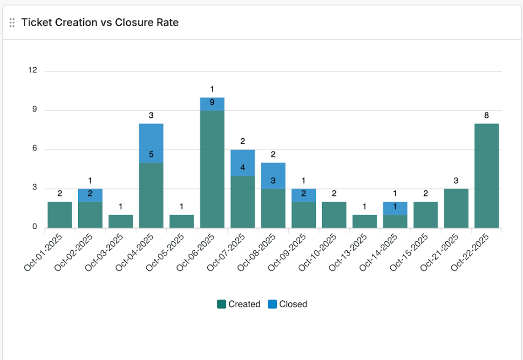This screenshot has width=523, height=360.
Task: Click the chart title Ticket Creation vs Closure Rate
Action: click(x=100, y=22)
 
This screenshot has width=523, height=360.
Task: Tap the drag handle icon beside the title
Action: click(x=12, y=22)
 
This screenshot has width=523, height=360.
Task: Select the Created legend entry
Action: click(x=239, y=304)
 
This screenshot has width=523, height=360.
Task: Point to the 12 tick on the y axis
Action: click(x=32, y=71)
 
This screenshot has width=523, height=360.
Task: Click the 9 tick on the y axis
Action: click(x=34, y=110)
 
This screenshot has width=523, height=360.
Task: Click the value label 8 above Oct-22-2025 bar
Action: click(x=487, y=115)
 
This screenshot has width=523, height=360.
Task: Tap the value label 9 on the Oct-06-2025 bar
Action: click(x=212, y=102)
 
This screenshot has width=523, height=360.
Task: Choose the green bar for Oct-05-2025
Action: click(x=182, y=221)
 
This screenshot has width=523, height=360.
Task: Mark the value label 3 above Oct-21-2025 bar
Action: click(x=456, y=180)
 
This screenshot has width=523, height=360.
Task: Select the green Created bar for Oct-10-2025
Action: click(x=334, y=215)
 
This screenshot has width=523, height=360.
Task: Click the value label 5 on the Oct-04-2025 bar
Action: click(x=151, y=154)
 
